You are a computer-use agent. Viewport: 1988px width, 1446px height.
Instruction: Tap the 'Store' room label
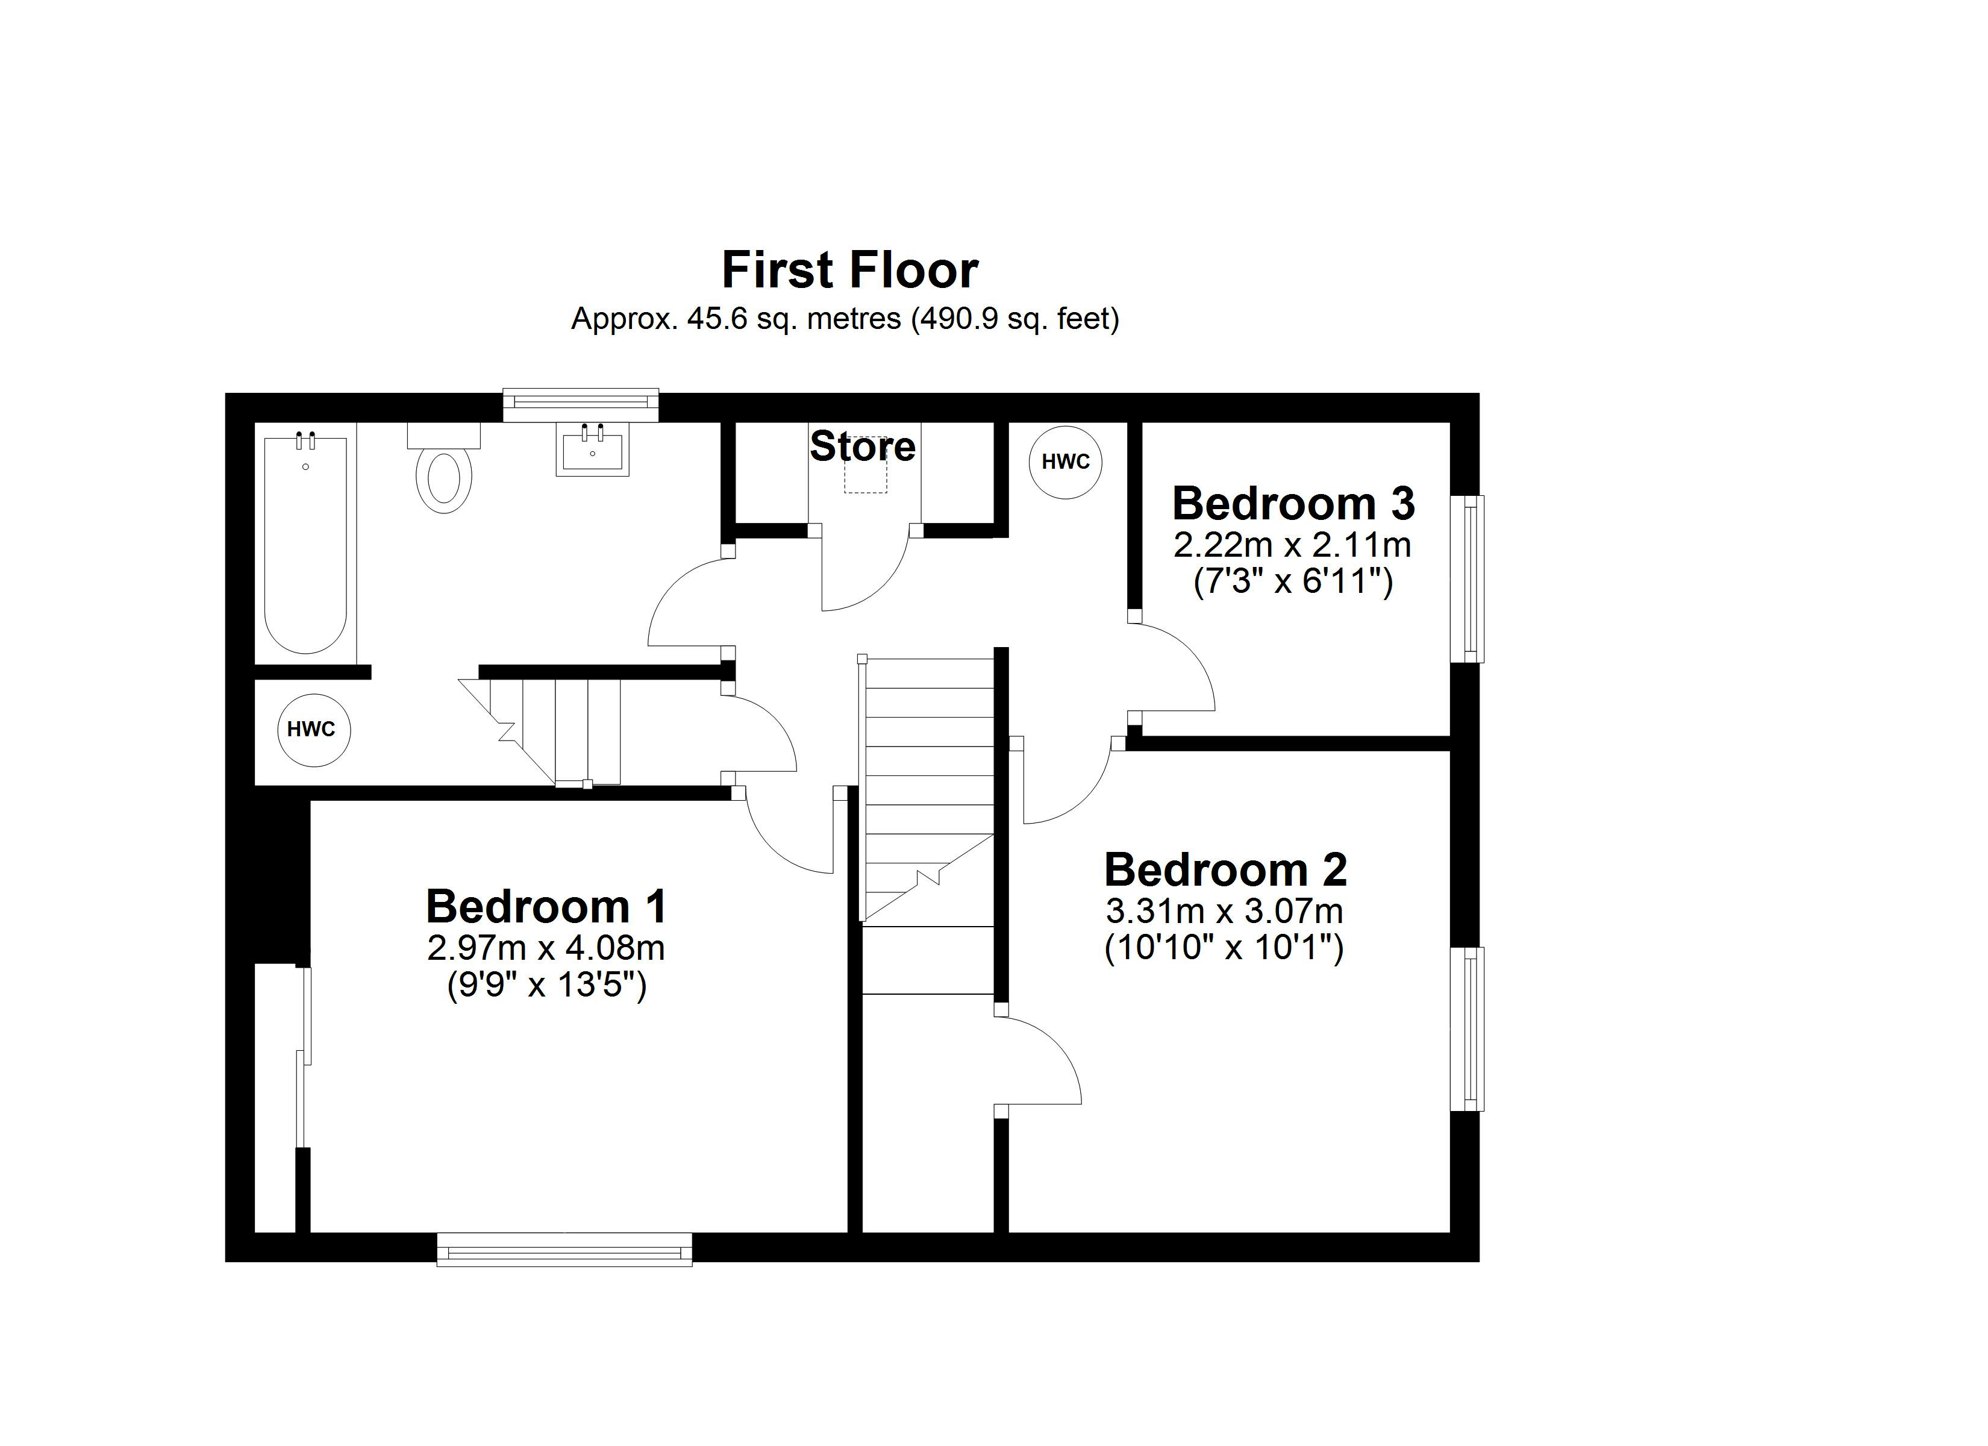tap(863, 446)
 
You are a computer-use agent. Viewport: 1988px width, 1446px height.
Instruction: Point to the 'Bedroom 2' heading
tap(1225, 870)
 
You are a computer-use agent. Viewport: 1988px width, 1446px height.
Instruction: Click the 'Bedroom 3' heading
tap(1293, 503)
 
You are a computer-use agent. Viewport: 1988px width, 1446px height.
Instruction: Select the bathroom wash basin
tap(593, 450)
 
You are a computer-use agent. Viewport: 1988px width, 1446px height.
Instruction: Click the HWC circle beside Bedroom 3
tap(1065, 462)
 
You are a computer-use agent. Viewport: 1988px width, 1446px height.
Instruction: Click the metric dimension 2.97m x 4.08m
tap(546, 948)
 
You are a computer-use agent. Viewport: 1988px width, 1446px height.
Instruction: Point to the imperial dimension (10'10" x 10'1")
tap(1224, 948)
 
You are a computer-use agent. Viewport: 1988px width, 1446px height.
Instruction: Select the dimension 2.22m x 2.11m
tap(1292, 545)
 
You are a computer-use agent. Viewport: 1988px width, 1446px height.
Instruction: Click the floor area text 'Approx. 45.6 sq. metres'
tap(736, 318)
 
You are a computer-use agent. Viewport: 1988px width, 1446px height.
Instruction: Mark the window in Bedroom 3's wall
tap(1468, 579)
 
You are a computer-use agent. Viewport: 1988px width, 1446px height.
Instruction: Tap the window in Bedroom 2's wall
tap(1468, 1028)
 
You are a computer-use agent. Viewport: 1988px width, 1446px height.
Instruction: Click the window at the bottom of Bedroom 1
tap(564, 1249)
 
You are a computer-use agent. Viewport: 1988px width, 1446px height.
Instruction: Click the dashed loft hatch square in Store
tap(865, 474)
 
